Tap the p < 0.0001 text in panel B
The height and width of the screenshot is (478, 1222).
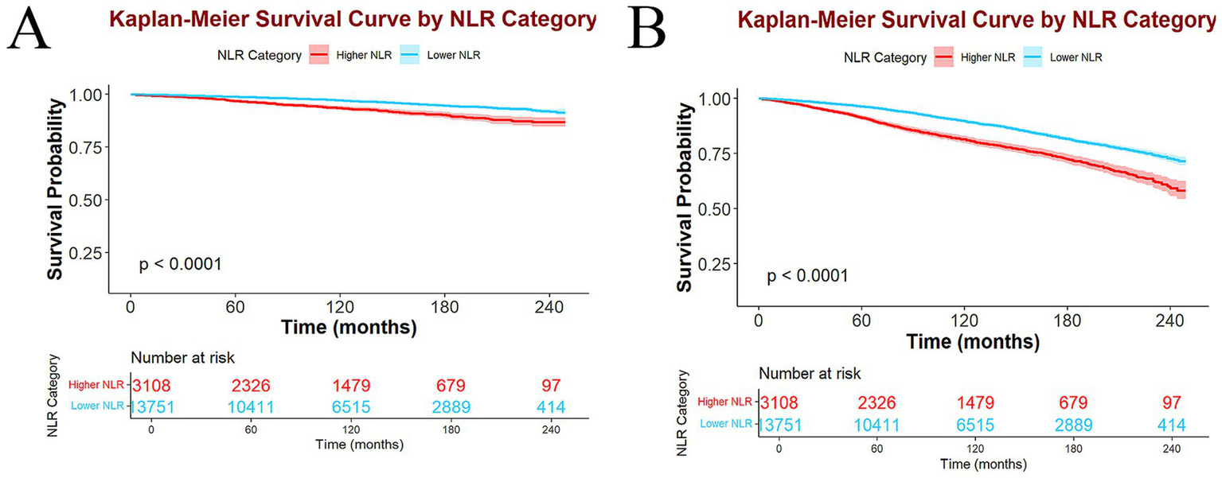pos(806,276)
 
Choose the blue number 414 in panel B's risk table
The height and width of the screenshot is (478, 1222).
pos(1170,424)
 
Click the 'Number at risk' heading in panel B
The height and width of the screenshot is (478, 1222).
pos(810,373)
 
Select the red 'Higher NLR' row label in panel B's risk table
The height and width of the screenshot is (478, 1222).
pos(724,402)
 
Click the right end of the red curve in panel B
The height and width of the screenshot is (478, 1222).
pos(1185,191)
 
